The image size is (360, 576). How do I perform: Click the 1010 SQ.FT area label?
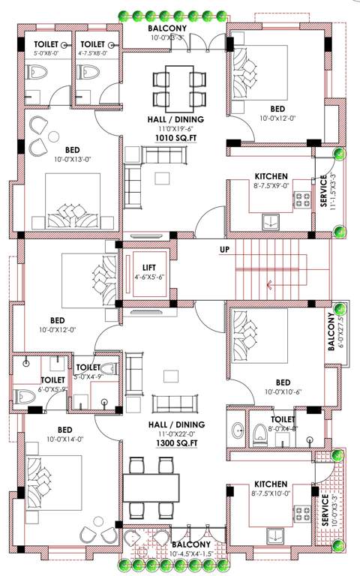(x=175, y=139)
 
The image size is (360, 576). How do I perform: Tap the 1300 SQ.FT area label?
(x=175, y=445)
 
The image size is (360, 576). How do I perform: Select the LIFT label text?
(x=148, y=265)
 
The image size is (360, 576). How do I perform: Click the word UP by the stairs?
(x=224, y=250)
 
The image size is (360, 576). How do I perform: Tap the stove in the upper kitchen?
(x=302, y=200)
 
